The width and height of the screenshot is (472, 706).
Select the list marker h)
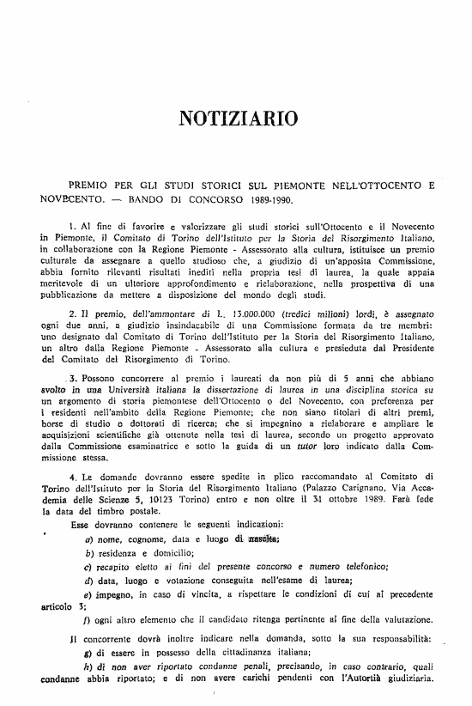[x=89, y=667]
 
